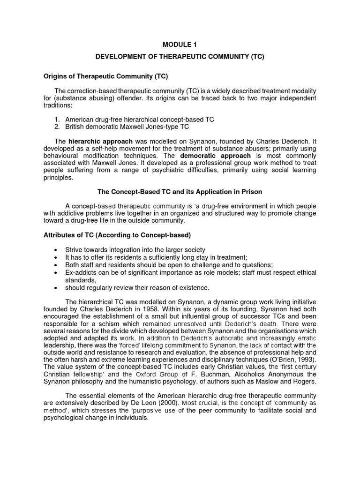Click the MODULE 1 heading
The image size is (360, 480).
pyautogui.click(x=180, y=45)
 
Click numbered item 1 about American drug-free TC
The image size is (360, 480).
pyautogui.click(x=139, y=120)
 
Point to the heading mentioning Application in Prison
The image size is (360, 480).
pyautogui.click(x=180, y=191)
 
